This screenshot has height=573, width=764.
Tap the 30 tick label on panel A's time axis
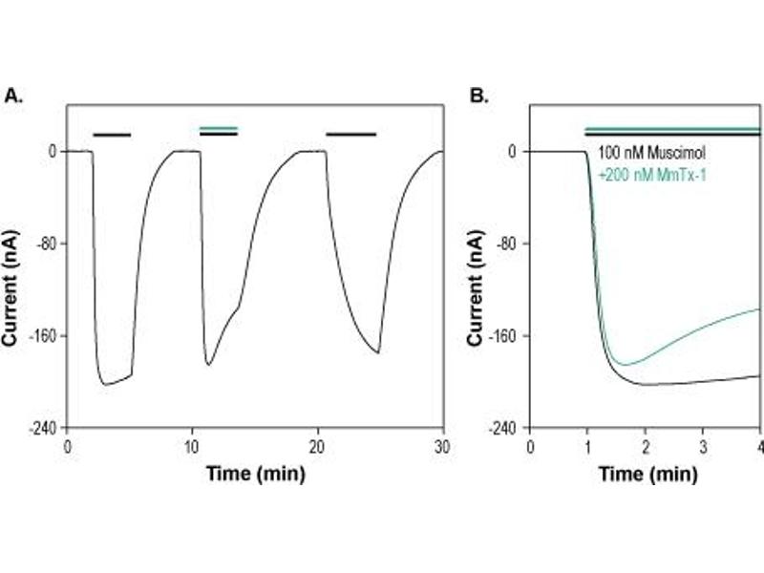tap(441, 446)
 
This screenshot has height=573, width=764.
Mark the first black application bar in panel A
tap(112, 135)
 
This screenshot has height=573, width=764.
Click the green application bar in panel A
tap(219, 127)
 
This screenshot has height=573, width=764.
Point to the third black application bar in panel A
tap(350, 135)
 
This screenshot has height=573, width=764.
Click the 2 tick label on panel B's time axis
tap(646, 446)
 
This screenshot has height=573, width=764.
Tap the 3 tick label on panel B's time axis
tap(703, 446)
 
